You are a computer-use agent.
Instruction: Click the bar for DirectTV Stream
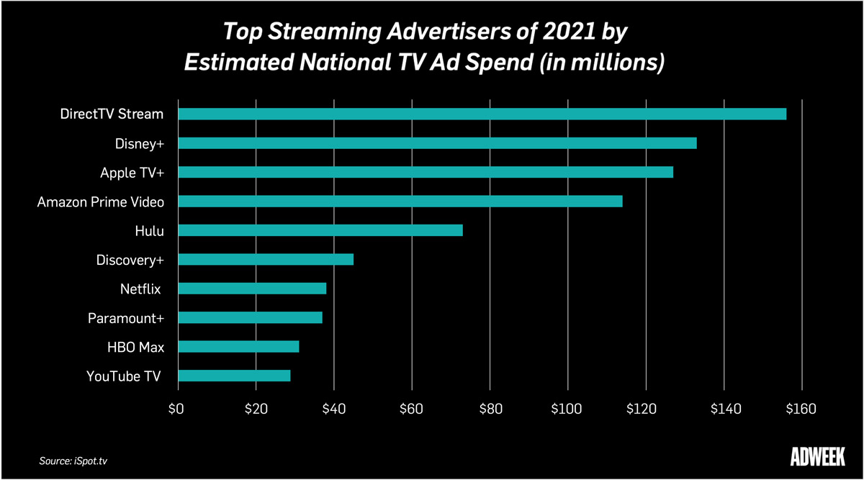click(x=482, y=114)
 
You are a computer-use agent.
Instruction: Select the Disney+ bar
click(x=437, y=143)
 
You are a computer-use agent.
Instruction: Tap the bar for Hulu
click(x=320, y=230)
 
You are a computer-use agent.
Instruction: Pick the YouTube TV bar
click(x=234, y=375)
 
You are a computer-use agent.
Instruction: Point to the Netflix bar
click(x=252, y=289)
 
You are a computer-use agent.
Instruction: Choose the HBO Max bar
click(x=238, y=347)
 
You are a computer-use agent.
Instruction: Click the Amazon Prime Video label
click(x=101, y=202)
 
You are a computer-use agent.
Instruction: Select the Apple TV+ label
click(x=132, y=173)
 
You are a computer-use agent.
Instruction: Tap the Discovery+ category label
click(x=130, y=260)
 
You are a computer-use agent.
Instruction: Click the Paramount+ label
click(x=126, y=318)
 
